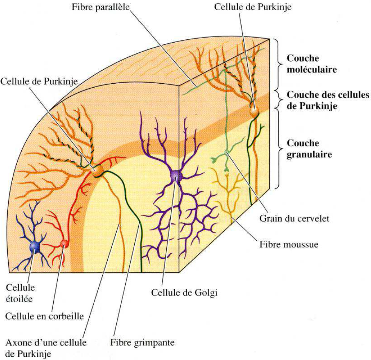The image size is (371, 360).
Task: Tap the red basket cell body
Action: [64, 243]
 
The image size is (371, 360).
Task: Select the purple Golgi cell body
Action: [176, 175]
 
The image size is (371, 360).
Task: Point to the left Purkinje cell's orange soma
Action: [97, 171]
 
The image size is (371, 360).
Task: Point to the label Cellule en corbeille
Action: [45, 316]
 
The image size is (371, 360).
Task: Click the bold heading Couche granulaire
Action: [309, 149]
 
